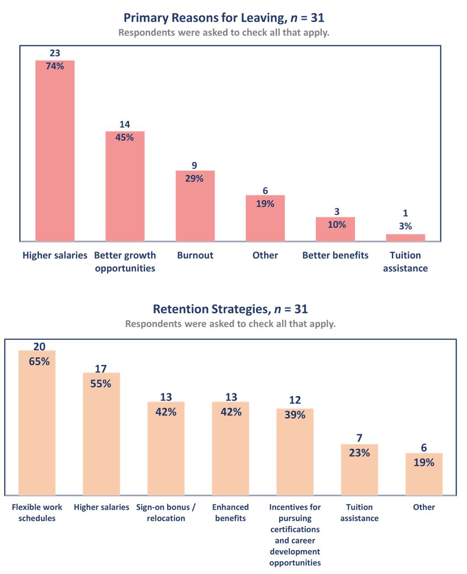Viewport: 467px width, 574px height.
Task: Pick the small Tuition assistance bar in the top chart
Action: (405, 237)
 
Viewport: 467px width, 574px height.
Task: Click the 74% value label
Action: (55, 66)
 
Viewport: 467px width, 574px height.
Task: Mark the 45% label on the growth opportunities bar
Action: (125, 137)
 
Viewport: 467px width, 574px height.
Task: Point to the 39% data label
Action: (295, 415)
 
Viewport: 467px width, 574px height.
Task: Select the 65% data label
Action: (39, 361)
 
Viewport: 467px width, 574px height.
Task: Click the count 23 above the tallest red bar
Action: (55, 53)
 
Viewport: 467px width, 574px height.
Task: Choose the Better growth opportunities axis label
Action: (125, 262)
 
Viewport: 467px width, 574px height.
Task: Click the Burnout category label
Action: (195, 255)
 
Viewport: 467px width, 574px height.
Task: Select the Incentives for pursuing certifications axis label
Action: (295, 535)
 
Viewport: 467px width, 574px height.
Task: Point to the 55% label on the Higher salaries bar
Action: (101, 384)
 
